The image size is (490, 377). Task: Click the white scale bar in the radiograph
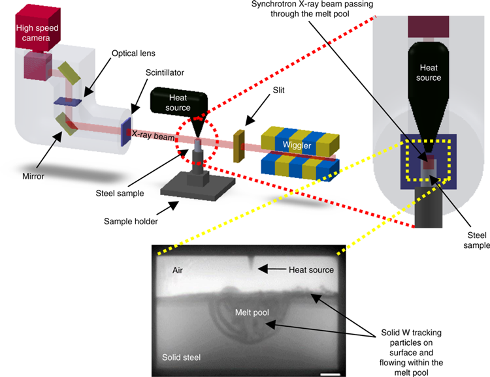tap(330, 374)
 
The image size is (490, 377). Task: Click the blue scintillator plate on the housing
tap(126, 127)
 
